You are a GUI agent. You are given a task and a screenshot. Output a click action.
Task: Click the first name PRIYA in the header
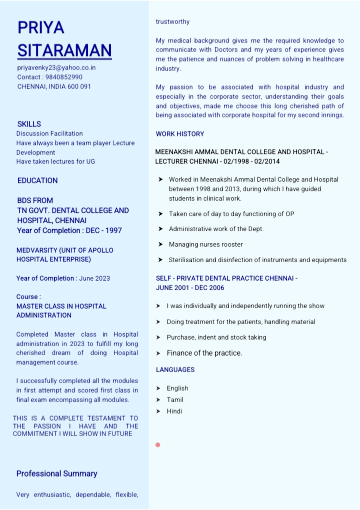pos(41,27)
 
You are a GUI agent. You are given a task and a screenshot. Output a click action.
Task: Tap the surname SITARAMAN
pos(64,50)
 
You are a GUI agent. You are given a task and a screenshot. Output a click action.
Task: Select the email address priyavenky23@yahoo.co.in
pos(56,67)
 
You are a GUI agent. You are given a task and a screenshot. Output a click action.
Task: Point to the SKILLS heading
pos(29,124)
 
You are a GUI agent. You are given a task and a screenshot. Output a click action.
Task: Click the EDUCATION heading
pos(37,180)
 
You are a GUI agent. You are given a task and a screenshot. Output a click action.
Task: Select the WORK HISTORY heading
pos(180,134)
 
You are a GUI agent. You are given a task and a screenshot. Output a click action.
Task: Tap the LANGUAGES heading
pos(175,370)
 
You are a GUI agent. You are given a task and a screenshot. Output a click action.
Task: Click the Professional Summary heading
pos(56,474)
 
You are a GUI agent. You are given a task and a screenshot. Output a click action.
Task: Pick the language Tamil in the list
pos(175,400)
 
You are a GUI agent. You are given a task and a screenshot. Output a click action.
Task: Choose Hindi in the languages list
pos(174,411)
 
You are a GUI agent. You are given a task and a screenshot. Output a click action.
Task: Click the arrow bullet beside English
pos(158,388)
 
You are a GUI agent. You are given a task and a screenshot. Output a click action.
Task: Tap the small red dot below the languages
pos(158,445)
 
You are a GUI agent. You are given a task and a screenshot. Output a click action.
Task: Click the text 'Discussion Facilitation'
pos(49,133)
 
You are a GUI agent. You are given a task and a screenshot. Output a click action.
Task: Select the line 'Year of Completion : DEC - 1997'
pos(69,230)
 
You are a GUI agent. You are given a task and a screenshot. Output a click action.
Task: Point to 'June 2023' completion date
pos(94,278)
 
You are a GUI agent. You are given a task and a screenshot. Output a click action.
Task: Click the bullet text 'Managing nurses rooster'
pos(205,244)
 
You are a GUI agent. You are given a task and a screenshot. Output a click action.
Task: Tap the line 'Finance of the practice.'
pos(204,353)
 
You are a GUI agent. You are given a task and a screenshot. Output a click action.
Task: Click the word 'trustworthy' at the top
pos(172,21)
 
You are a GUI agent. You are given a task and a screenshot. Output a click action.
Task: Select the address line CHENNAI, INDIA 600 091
pos(54,86)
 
